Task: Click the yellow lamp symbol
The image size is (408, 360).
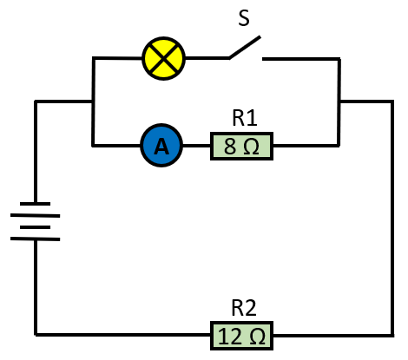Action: (x=163, y=58)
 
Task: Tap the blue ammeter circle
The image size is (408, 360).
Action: (x=161, y=146)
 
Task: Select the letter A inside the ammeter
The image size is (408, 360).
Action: (x=161, y=146)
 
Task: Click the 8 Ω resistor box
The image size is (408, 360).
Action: (x=241, y=146)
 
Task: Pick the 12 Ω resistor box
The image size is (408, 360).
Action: (x=241, y=336)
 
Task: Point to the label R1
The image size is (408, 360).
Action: (x=245, y=118)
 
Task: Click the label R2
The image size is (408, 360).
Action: (x=244, y=308)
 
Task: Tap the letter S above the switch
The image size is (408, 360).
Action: (x=244, y=18)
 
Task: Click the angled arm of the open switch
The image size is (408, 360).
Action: (x=245, y=48)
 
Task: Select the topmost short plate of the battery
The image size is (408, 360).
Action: (x=35, y=204)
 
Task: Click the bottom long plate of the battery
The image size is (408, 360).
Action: (x=35, y=239)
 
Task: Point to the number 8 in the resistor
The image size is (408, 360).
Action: (x=230, y=147)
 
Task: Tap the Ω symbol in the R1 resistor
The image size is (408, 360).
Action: (x=251, y=147)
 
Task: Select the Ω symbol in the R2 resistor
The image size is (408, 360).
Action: (x=257, y=337)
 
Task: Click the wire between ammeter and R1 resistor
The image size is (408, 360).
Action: (x=197, y=146)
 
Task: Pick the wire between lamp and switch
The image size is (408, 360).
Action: (x=207, y=58)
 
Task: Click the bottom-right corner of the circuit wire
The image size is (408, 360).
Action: (x=392, y=336)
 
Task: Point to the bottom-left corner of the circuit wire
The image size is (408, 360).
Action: (x=36, y=335)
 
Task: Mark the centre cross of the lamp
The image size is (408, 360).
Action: (x=163, y=58)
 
